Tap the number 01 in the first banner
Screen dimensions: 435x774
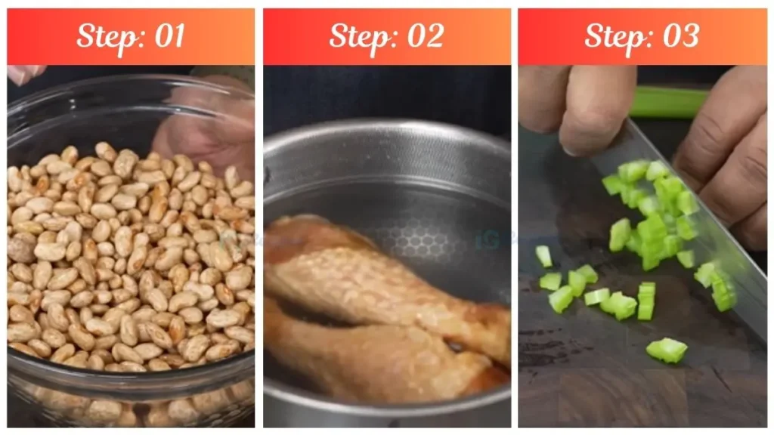tap(168, 35)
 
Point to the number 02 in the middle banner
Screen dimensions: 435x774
tap(423, 35)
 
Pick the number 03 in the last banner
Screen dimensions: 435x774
tap(678, 35)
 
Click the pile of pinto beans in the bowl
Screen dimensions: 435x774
tap(128, 257)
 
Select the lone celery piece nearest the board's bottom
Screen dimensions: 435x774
tap(666, 350)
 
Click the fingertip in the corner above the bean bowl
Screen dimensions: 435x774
tap(23, 73)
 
